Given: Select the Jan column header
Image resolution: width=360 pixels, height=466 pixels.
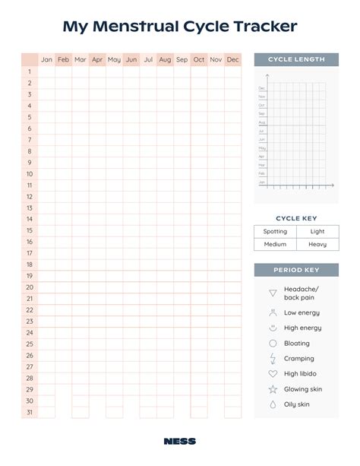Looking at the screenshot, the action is [46, 59].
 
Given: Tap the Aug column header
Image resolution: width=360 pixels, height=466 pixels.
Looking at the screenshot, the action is [165, 59].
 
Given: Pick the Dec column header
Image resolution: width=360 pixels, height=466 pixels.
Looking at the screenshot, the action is [232, 59].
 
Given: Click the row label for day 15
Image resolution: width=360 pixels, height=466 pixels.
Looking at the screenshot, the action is [30, 230].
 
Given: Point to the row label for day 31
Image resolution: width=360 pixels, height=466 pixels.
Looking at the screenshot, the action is [30, 412].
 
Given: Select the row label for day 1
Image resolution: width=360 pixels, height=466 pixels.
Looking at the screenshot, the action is [30, 71].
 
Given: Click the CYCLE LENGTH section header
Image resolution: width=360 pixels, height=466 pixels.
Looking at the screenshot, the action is [296, 59].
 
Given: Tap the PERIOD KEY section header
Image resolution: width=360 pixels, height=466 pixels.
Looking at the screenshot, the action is [296, 270].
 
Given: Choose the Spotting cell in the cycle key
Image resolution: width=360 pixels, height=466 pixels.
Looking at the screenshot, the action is [275, 231].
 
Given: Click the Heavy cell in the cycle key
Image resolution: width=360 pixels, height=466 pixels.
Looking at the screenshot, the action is [317, 244].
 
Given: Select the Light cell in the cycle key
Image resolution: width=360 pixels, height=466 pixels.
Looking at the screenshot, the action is [317, 231].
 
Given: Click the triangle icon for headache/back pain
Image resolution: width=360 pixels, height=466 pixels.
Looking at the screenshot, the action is [273, 293].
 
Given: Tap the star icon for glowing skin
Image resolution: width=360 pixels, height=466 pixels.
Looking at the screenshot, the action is [273, 389].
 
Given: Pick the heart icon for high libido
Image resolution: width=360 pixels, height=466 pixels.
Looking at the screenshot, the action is [273, 374].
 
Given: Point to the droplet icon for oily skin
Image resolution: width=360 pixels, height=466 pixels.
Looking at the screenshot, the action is [273, 404].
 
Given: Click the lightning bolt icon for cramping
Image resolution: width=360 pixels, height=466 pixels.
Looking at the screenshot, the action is [273, 358].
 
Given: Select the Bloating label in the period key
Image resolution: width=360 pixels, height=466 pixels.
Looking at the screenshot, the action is [297, 344].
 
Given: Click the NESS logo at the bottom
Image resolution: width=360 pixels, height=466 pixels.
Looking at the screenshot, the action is [179, 441].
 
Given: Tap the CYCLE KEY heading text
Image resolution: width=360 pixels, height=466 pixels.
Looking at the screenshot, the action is [295, 218].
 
